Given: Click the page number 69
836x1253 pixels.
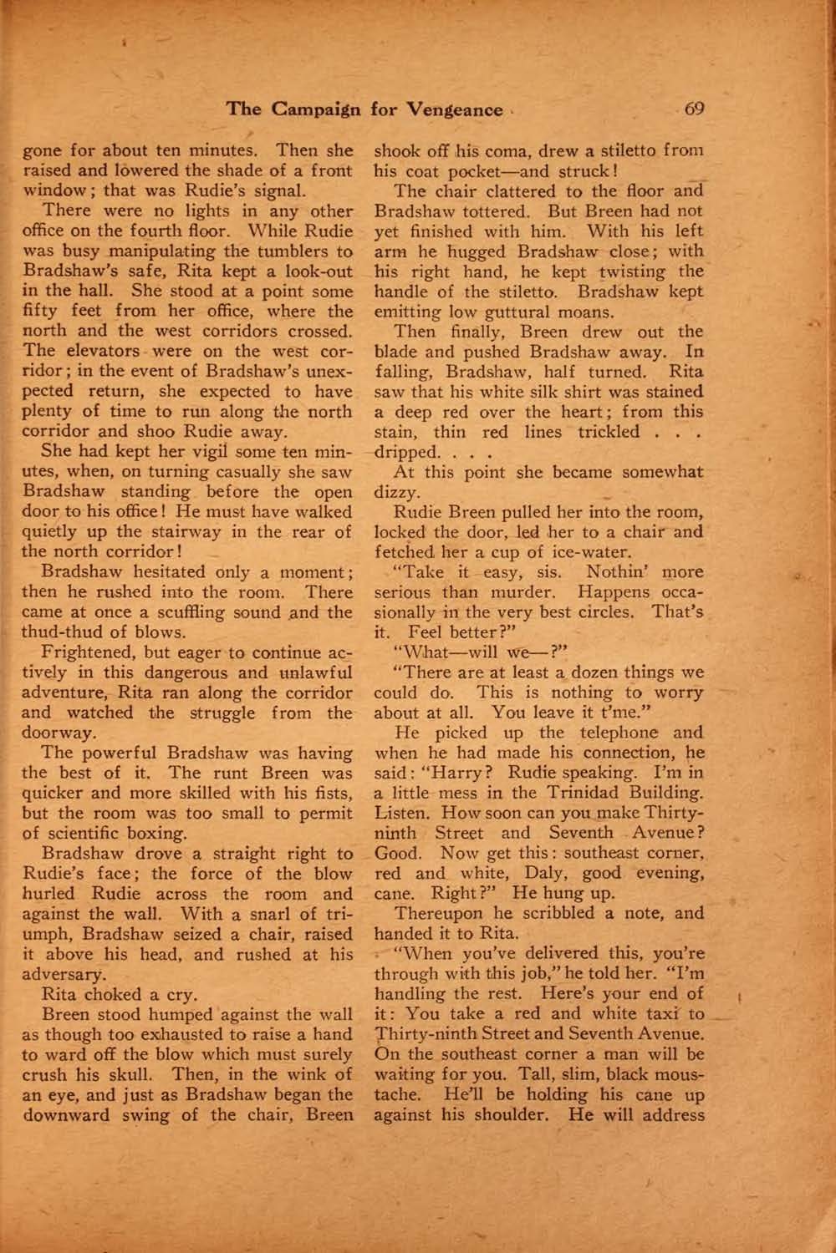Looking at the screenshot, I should (694, 109).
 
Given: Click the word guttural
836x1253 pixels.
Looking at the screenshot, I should (507, 312).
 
